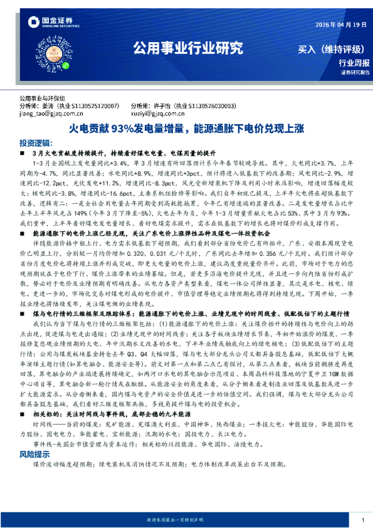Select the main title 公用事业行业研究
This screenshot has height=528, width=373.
[187, 50]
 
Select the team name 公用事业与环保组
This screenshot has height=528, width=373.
[42, 99]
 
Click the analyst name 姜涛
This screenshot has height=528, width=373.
[51, 107]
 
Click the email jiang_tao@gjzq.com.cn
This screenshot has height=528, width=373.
[52, 114]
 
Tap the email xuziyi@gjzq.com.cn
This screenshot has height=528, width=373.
[158, 114]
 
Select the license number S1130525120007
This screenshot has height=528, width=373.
[95, 107]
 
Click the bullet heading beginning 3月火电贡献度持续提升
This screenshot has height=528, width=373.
[123, 152]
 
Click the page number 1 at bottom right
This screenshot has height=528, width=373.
[363, 520]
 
